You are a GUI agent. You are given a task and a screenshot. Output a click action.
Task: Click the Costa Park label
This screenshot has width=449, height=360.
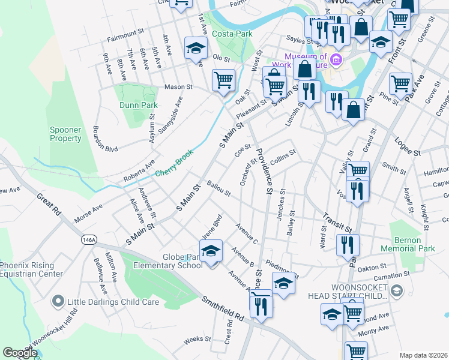[x=232, y=34]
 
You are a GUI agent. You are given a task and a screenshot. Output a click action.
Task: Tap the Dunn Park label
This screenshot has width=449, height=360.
[x=139, y=105]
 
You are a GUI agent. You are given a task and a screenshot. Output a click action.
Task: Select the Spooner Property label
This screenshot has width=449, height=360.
[x=65, y=134]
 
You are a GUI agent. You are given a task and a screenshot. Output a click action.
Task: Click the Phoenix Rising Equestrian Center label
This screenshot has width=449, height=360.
[x=31, y=269]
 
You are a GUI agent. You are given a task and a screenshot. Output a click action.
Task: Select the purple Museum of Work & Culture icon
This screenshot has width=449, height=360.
[x=336, y=60]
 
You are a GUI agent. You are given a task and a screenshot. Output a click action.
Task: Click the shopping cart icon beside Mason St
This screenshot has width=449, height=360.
[x=223, y=80]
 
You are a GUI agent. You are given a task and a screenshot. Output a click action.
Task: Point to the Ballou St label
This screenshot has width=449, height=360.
[x=218, y=188]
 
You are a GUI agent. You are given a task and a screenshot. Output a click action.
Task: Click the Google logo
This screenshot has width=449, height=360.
[x=20, y=353]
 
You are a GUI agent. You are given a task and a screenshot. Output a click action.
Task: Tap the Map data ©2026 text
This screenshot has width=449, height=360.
[x=423, y=355]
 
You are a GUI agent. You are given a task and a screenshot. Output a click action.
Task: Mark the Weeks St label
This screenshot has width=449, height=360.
[x=197, y=339]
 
